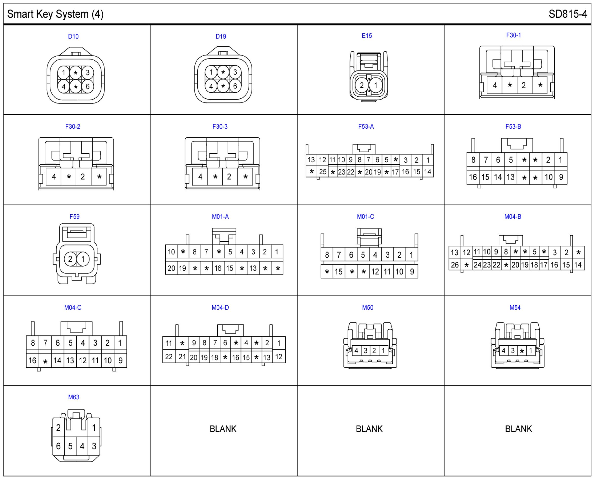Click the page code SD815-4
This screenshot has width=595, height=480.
coord(568,14)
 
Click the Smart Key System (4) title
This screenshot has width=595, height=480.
coord(55,14)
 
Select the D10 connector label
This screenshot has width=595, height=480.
coord(73,37)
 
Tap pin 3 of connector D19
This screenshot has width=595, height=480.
coord(235,73)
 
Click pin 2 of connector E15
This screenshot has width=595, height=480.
coord(362,85)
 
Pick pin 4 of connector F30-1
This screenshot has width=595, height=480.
coord(495,85)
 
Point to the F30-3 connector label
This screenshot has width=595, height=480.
coord(220,127)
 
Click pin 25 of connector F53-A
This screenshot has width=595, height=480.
coord(323,172)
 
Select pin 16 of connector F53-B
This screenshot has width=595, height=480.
coord(473,177)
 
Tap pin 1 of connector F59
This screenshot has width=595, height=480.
coord(83,259)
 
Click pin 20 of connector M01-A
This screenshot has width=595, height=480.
coord(171,268)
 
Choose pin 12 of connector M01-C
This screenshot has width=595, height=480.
coord(375,272)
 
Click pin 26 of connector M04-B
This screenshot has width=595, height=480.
coord(455,265)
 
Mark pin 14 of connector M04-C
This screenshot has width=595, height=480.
coord(58,361)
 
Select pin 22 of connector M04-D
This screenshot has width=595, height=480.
coord(169,357)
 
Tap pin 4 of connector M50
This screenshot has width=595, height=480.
coord(356,351)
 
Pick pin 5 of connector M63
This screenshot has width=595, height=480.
coord(70,446)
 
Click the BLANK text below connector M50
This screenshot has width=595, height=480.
coord(369,429)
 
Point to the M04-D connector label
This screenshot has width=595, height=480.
coord(220,308)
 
